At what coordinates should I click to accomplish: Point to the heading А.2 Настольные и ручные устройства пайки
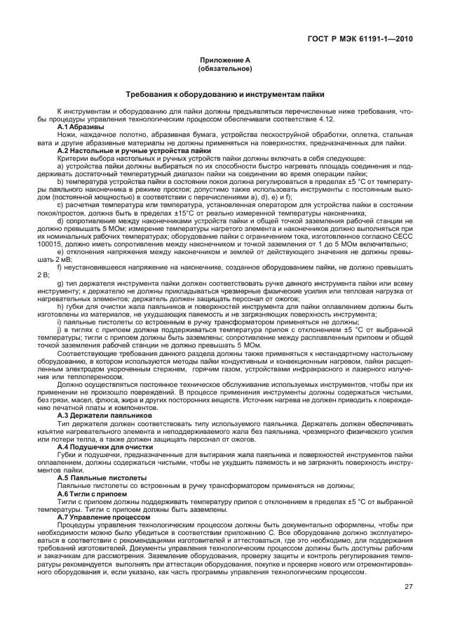[134, 150]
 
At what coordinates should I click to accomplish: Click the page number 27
[407, 588]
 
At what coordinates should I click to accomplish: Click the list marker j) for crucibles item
[60, 329]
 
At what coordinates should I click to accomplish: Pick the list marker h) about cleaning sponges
[61, 306]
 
